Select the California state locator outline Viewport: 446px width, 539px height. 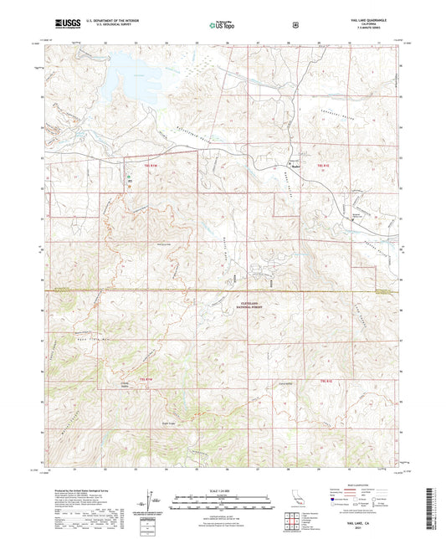click(295, 501)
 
